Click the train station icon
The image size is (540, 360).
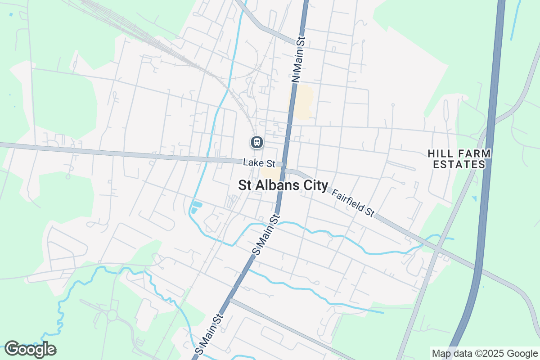click(x=256, y=143)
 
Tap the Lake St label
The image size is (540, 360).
click(x=259, y=162)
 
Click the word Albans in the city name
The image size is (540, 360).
click(x=277, y=186)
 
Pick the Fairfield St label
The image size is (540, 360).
click(x=353, y=203)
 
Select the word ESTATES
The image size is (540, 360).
click(x=459, y=165)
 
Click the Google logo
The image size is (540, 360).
click(x=30, y=349)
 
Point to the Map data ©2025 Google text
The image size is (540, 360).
click(x=484, y=353)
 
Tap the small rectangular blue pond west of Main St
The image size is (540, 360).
click(x=197, y=207)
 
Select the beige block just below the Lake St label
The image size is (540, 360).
click(x=270, y=173)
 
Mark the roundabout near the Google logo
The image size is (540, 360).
click(x=112, y=315)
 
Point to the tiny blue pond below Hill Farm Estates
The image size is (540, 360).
click(x=474, y=198)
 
